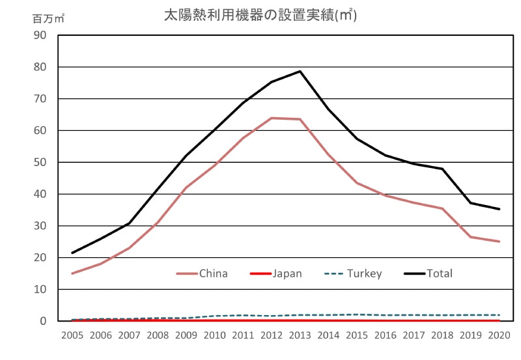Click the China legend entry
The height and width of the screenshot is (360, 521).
213,273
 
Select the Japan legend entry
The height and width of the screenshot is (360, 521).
287,273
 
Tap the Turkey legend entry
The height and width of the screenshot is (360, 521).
364,273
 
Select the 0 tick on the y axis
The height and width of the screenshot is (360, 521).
42,321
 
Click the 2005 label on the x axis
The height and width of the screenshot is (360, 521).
72,335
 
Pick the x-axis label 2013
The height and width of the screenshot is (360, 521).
300,335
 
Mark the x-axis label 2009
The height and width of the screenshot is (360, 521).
186,335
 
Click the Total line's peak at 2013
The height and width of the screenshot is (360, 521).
300,71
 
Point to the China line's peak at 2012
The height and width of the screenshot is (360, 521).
272,118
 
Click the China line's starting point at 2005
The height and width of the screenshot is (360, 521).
72,273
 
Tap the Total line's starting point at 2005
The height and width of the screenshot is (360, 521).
72,253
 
